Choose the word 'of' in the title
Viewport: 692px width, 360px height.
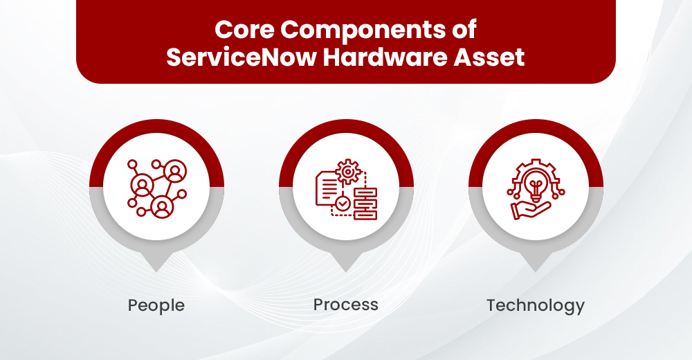(x=464, y=30)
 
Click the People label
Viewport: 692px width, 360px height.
(x=156, y=305)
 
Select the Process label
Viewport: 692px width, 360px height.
(x=346, y=305)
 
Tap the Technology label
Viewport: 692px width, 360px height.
(x=536, y=305)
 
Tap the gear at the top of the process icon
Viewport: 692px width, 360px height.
(x=347, y=170)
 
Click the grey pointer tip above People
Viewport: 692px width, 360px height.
(x=156, y=264)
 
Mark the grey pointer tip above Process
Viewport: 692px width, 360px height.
(x=346, y=264)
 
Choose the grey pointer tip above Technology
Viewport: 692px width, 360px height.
(x=536, y=264)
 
